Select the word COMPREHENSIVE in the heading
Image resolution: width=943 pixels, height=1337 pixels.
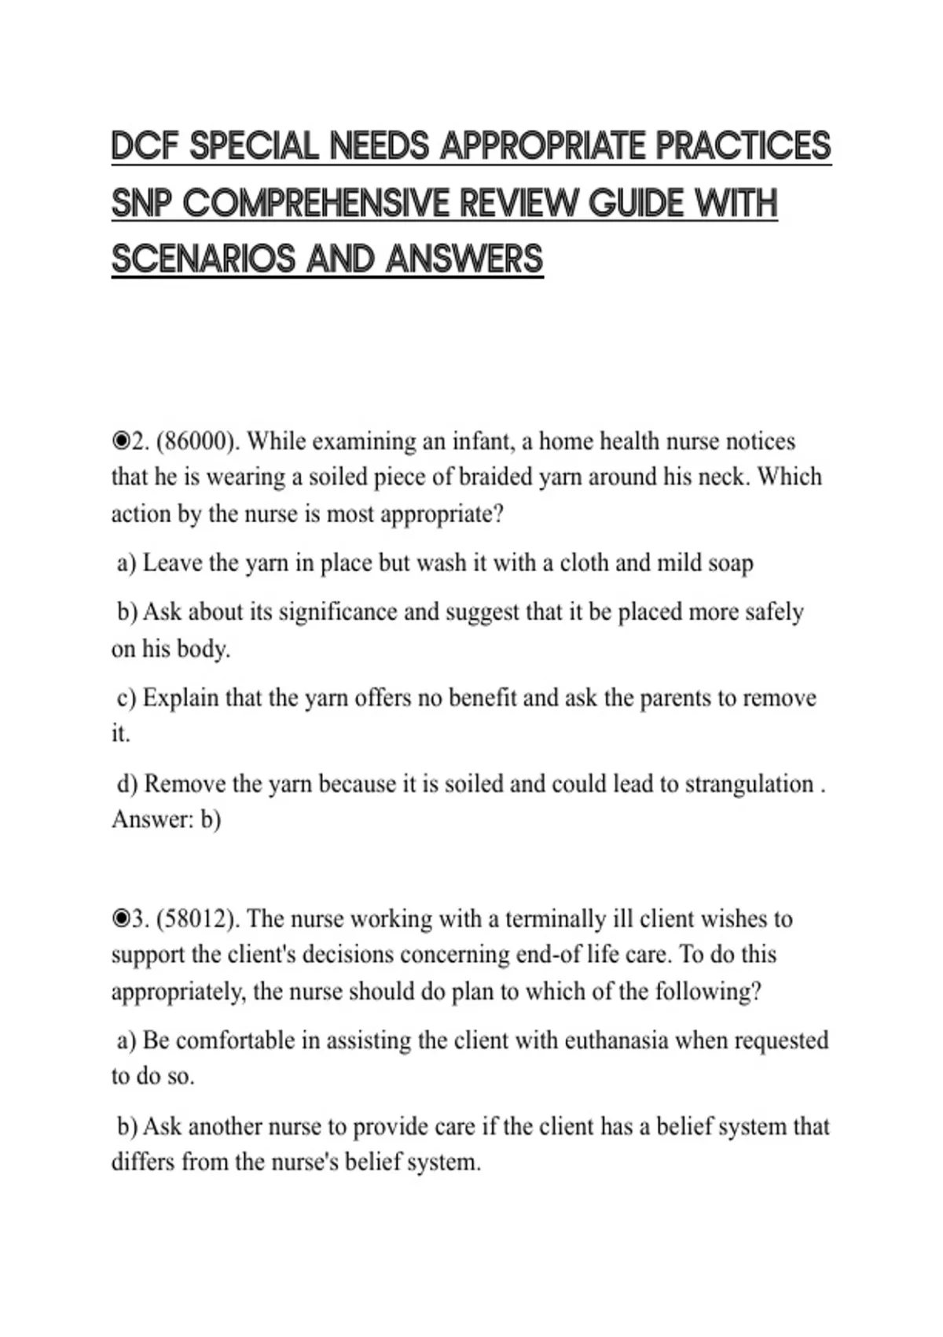point(317,203)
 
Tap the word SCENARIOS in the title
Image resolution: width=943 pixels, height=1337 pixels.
point(204,259)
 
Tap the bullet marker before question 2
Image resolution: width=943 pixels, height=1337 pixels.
point(120,442)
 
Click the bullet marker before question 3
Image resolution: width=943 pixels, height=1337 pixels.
point(120,919)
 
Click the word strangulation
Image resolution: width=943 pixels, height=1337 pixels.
point(749,784)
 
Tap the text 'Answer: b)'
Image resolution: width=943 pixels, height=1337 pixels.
point(166,820)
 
